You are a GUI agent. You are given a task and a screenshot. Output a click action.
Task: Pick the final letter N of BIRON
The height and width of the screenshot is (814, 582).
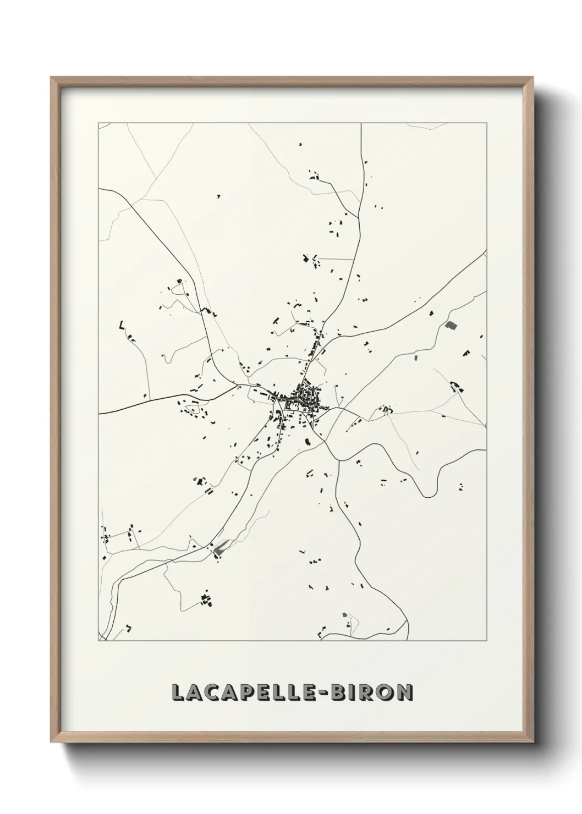point(404,692)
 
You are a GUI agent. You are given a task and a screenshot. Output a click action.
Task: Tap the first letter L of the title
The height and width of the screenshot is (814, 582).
point(178,692)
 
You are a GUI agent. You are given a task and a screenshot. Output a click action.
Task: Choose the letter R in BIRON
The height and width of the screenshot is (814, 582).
point(368,692)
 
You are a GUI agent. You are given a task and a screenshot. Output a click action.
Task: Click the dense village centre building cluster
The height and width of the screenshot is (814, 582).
point(304,394)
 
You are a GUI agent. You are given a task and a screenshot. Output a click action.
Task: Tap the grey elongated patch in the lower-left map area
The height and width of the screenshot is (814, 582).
point(221,546)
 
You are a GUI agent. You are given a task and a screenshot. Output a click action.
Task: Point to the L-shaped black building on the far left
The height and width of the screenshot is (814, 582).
point(121,326)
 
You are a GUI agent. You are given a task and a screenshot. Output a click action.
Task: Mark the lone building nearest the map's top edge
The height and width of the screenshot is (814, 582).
point(300,145)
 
